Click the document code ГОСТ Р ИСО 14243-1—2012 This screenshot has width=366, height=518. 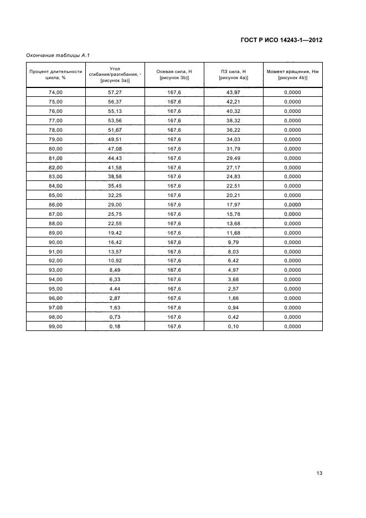pyautogui.click(x=281, y=40)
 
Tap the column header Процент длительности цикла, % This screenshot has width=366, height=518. pyautogui.click(x=56, y=75)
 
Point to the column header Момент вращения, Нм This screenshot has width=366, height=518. pyautogui.click(x=292, y=75)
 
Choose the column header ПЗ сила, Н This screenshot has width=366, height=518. pyautogui.click(x=233, y=75)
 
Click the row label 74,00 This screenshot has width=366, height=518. pyautogui.click(x=56, y=92)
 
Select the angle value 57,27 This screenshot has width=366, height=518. pyautogui.click(x=115, y=92)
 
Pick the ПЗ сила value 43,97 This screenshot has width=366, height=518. pyautogui.click(x=233, y=92)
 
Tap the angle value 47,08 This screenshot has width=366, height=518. pyautogui.click(x=115, y=149)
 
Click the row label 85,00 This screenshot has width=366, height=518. pyautogui.click(x=56, y=195)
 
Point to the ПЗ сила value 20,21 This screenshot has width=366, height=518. pyautogui.click(x=233, y=195)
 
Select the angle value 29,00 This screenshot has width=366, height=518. pyautogui.click(x=115, y=205)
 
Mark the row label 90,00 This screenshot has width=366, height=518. pyautogui.click(x=56, y=242)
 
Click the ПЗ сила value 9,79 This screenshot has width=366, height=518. pyautogui.click(x=233, y=242)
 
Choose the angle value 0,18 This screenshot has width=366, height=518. pyautogui.click(x=115, y=327)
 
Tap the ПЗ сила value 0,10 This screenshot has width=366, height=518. pyautogui.click(x=233, y=327)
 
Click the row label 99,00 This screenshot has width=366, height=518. pyautogui.click(x=56, y=327)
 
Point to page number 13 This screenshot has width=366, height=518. pyautogui.click(x=319, y=473)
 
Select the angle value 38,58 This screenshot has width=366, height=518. pyautogui.click(x=115, y=177)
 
